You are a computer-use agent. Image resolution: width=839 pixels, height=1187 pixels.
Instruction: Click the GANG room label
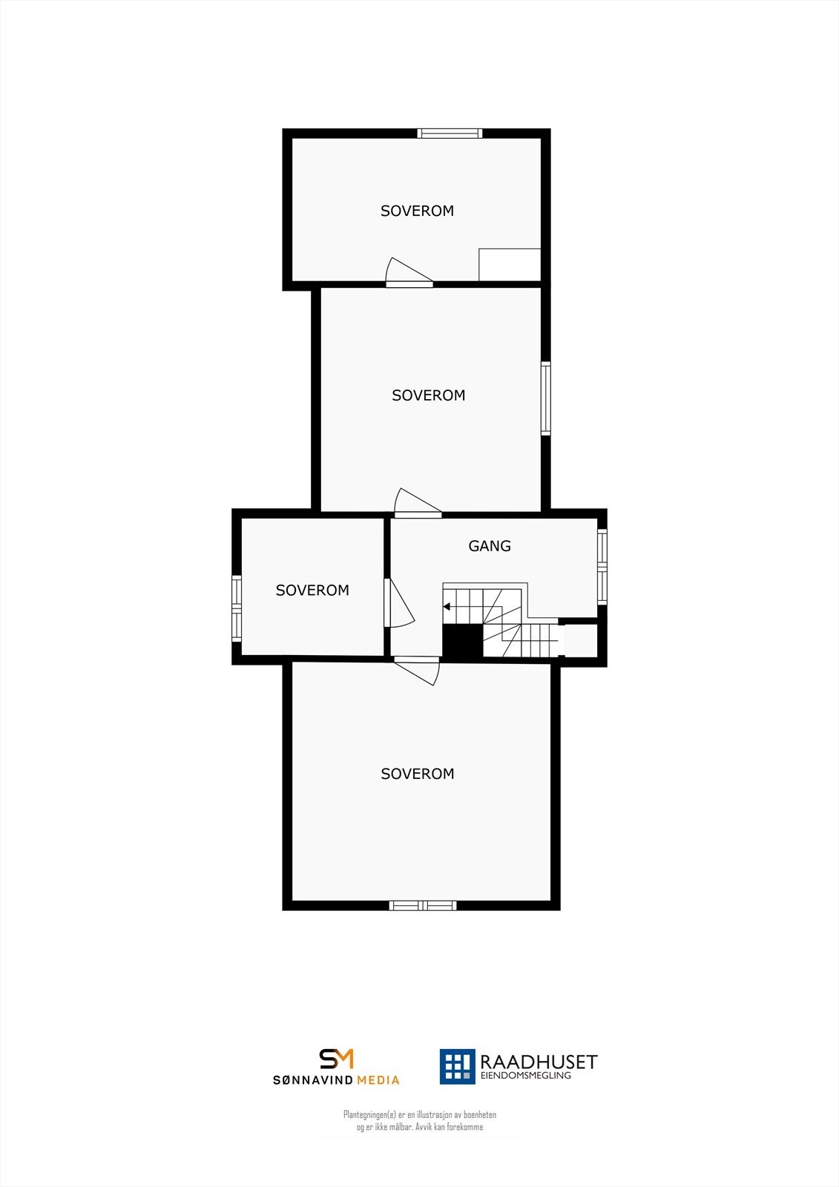coord(490,546)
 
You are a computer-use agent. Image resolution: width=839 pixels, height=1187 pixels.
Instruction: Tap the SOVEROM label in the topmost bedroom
coord(417,211)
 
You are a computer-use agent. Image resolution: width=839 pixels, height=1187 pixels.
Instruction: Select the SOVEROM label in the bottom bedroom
coord(417,774)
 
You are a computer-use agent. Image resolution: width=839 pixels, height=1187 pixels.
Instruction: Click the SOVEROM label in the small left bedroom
coord(312,591)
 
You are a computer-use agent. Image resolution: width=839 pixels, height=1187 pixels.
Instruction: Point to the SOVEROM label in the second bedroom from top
coord(429,395)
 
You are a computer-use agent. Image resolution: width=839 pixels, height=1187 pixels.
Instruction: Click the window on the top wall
coord(450,134)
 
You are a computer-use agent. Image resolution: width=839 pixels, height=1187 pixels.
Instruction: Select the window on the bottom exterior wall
coord(423,905)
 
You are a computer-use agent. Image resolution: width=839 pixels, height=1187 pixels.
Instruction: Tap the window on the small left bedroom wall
coord(237,608)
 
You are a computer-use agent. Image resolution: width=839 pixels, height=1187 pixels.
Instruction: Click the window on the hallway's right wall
coord(602,566)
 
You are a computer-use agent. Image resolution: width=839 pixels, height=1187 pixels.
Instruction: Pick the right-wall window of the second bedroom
coord(546,398)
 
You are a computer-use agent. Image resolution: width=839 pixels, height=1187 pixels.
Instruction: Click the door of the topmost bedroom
coord(408,273)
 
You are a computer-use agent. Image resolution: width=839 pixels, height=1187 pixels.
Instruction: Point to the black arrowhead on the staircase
coord(447,607)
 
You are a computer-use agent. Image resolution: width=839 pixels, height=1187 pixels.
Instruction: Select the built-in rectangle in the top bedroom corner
coord(510,265)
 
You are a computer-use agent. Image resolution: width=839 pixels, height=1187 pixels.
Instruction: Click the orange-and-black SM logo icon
coord(337,1059)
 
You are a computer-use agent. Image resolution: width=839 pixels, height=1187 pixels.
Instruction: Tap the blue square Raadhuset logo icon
coord(457,1067)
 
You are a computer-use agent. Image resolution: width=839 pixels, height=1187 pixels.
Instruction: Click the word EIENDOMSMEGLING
coord(526,1076)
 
